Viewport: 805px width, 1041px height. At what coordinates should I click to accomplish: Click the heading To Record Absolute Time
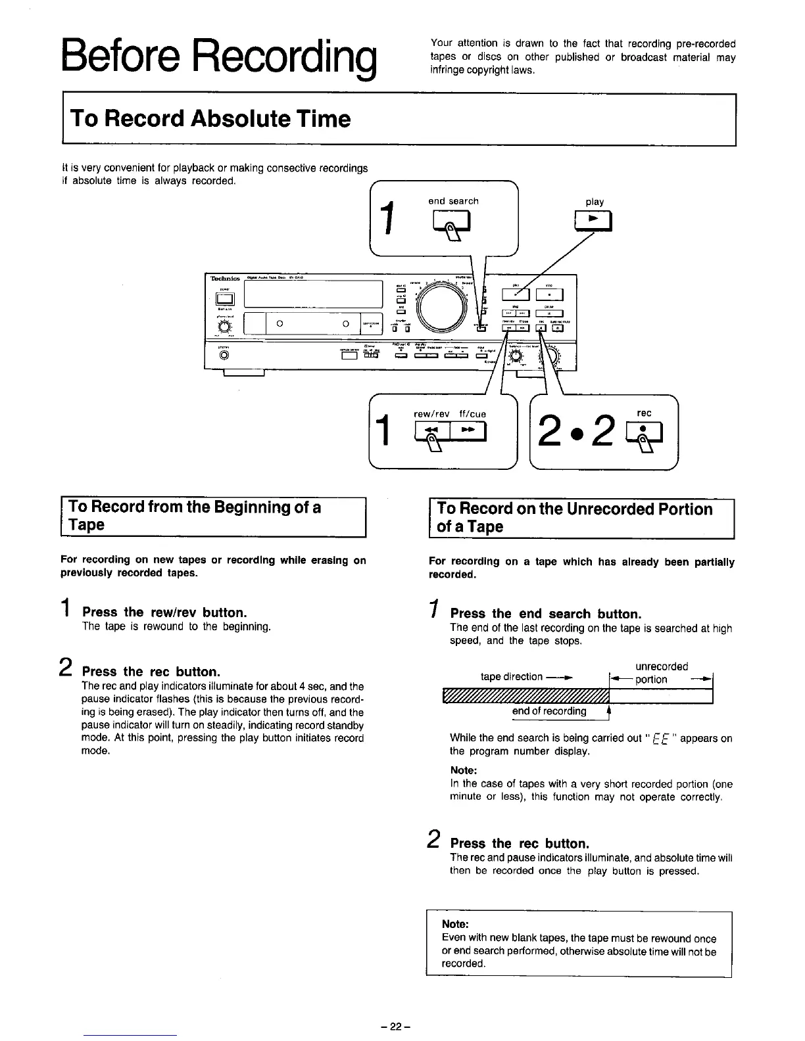(210, 119)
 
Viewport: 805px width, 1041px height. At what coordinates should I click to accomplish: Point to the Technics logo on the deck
(226, 279)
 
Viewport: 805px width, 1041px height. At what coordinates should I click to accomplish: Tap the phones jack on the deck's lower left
(225, 356)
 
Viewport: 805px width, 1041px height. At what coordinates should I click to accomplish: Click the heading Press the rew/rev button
(164, 613)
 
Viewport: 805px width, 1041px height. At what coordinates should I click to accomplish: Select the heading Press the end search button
(545, 614)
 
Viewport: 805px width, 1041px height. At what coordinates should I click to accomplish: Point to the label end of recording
(549, 712)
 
